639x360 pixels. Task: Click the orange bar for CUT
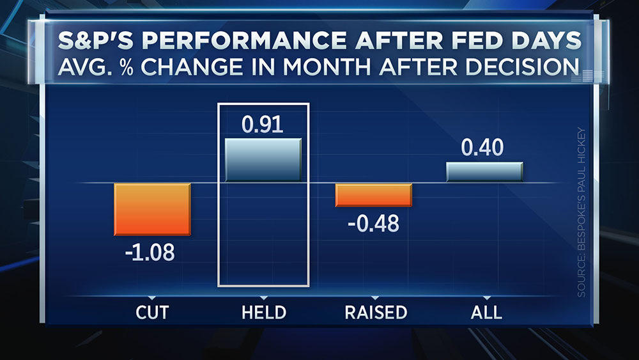pos(152,209)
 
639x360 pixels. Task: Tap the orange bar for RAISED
pos(374,195)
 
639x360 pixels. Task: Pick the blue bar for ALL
pos(484,172)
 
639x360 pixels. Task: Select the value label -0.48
pos(374,224)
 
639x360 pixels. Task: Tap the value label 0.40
pos(483,148)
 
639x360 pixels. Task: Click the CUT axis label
pos(151,312)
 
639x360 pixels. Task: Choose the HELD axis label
pos(263,312)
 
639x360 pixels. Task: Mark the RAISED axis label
pos(376,312)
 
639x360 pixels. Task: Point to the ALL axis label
pos(485,312)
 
